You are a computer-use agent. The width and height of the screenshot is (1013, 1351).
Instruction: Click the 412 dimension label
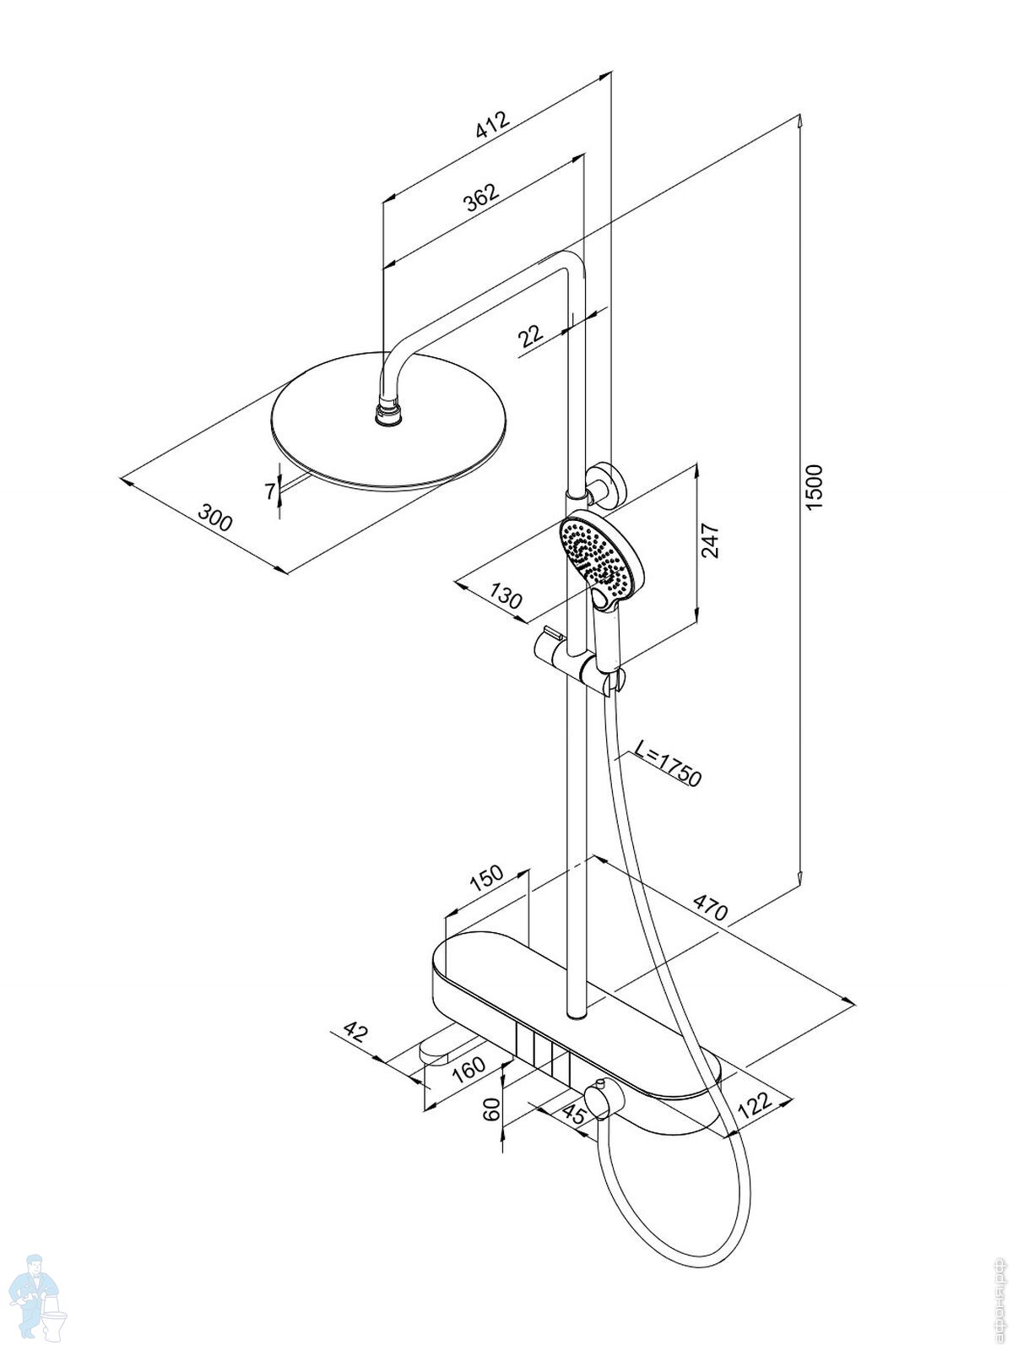coord(494,124)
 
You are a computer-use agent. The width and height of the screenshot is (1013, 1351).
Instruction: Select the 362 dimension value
coord(482,198)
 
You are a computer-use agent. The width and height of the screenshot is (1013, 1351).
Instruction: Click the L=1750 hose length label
coord(668,763)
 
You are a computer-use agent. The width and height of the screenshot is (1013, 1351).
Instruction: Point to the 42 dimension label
coord(357,1032)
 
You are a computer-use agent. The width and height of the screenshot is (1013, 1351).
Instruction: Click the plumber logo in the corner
coord(35,1300)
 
